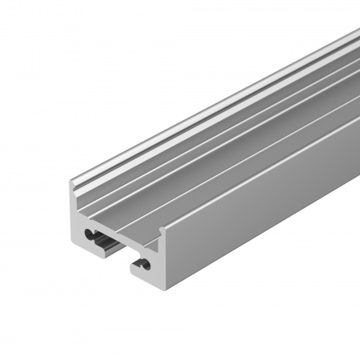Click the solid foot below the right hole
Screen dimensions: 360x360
coord(148,281)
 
